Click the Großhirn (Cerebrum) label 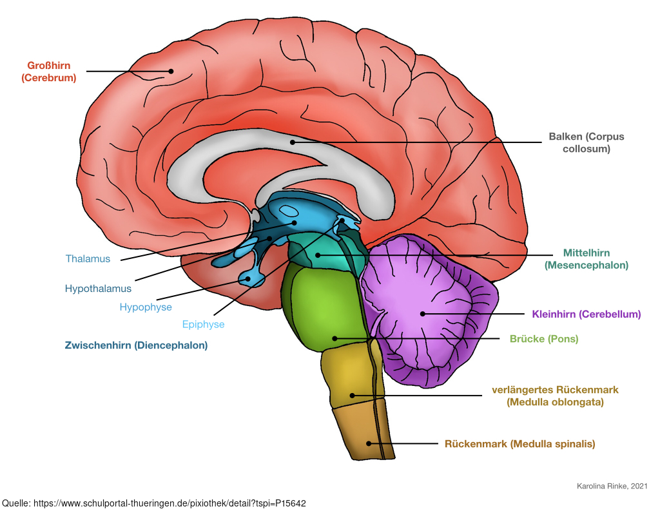point(49,72)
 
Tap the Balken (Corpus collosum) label point(587,142)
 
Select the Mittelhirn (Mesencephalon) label point(587,259)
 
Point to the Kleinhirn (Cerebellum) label point(587,314)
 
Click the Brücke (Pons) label point(544,339)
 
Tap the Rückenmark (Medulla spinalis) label point(520,443)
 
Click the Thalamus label point(88,258)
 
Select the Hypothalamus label point(98,289)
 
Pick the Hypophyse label point(146,307)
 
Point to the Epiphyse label point(203,325)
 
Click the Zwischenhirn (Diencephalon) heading point(136,345)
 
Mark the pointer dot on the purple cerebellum point(423,314)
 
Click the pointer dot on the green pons point(335,338)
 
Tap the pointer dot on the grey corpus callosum point(293,142)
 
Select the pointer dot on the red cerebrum point(171,71)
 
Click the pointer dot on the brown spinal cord point(369,443)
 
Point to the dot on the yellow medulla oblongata point(353,396)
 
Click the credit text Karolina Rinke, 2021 point(612,486)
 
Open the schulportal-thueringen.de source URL point(170,503)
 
